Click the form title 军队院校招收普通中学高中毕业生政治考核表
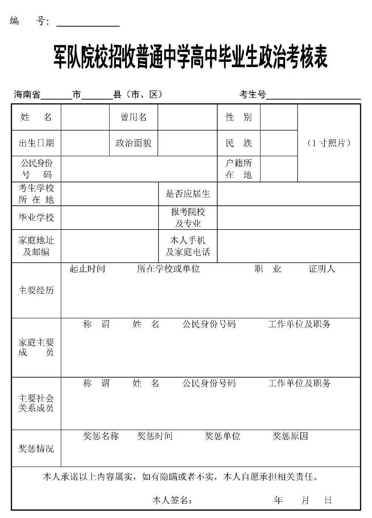(x=190, y=57)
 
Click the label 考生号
(x=253, y=94)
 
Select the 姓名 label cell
(x=36, y=117)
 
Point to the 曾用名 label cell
(x=134, y=117)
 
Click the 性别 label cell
(x=239, y=117)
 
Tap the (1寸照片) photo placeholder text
(x=329, y=143)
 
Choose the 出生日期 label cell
(x=36, y=143)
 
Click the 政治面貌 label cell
(x=134, y=143)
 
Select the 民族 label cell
(x=239, y=143)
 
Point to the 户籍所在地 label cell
(x=239, y=169)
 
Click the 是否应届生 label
(x=188, y=194)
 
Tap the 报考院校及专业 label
(x=188, y=217)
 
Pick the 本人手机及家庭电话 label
(x=188, y=246)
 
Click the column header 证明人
(x=322, y=269)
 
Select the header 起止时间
(x=87, y=269)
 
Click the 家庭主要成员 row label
(x=36, y=347)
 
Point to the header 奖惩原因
(x=290, y=436)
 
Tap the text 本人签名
(x=172, y=500)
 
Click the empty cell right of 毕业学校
(x=110, y=217)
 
